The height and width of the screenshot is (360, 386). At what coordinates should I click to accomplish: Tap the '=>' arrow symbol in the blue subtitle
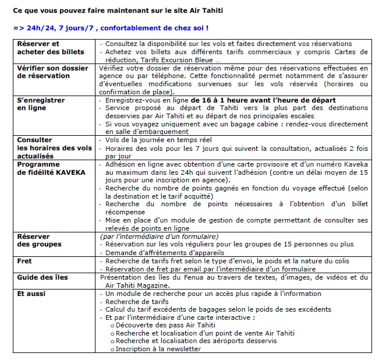click(18, 27)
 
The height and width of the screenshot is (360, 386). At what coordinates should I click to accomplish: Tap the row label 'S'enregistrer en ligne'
click(41, 104)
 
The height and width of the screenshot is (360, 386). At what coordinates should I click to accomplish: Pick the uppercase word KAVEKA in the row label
click(70, 172)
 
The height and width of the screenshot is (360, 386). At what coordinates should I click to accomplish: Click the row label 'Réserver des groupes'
click(39, 240)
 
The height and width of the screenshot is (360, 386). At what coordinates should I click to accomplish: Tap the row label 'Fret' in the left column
click(24, 261)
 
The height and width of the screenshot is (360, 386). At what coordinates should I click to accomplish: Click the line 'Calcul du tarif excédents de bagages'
click(169, 309)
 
